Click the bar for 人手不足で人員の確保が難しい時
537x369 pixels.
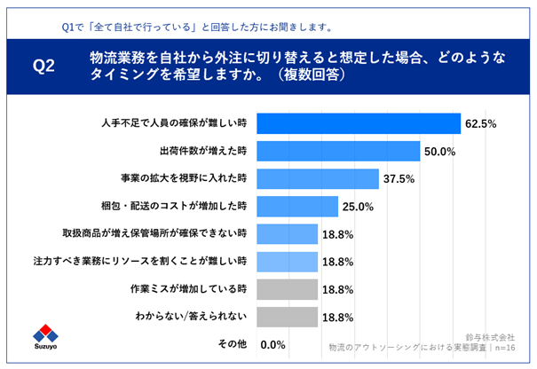pos(359,123)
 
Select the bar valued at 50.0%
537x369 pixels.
pos(339,151)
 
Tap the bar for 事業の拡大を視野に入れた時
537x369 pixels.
pos(319,179)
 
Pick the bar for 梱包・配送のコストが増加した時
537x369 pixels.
pos(298,207)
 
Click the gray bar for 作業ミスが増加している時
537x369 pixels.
pos(288,289)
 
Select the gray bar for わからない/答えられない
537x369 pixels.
pos(288,317)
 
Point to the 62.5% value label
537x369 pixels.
pos(482,123)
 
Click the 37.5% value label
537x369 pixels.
pos(400,179)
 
